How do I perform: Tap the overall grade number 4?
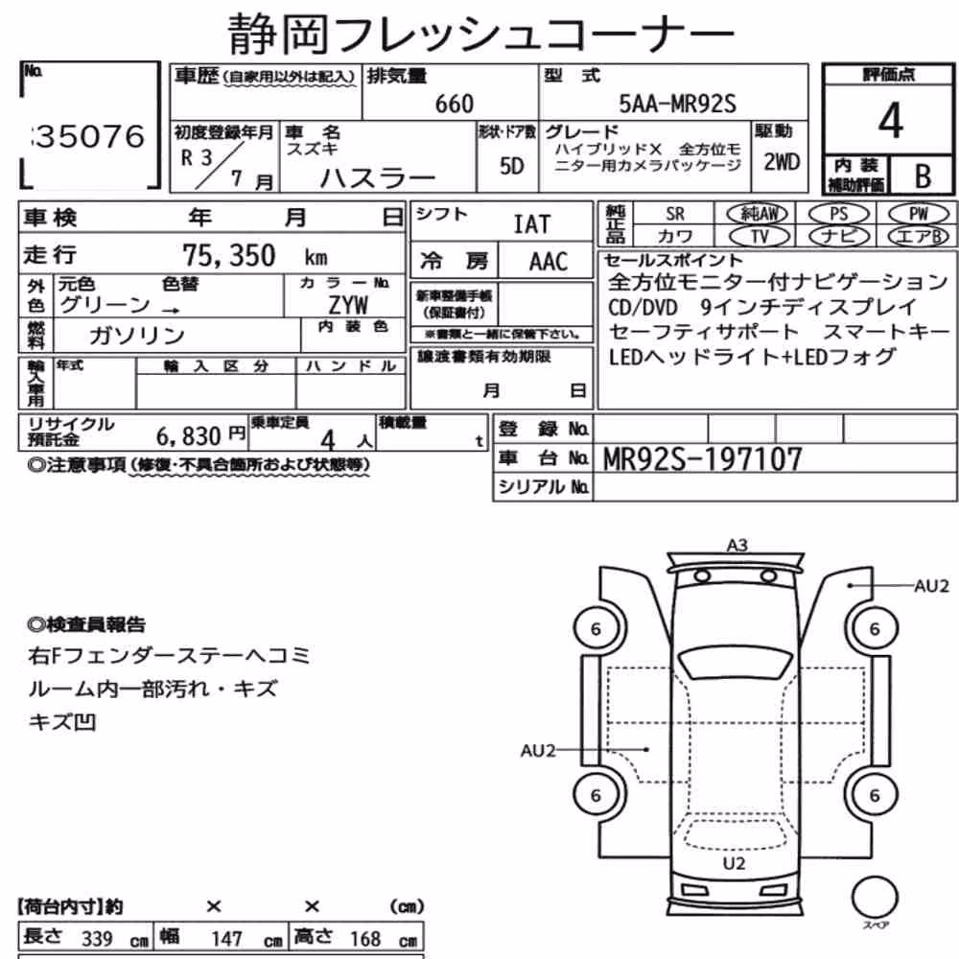[x=890, y=121]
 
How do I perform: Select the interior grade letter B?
[x=923, y=176]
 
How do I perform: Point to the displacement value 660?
[x=455, y=104]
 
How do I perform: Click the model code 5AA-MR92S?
[x=678, y=104]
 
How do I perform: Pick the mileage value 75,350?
[x=229, y=255]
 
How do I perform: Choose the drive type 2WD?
[x=782, y=162]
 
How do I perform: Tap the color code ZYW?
[x=349, y=304]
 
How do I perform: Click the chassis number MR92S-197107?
[x=702, y=459]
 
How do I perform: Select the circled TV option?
[x=760, y=236]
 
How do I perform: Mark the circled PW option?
[x=918, y=214]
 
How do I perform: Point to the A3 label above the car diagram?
[x=737, y=545]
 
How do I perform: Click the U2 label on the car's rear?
[x=734, y=864]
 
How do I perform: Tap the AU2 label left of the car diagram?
[x=538, y=751]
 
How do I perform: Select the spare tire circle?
[x=876, y=898]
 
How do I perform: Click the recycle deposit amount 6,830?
[x=188, y=436]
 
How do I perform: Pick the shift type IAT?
[x=531, y=224]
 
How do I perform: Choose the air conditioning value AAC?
[x=549, y=262]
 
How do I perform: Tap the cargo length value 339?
[x=97, y=938]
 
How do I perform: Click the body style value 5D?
[x=512, y=166]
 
